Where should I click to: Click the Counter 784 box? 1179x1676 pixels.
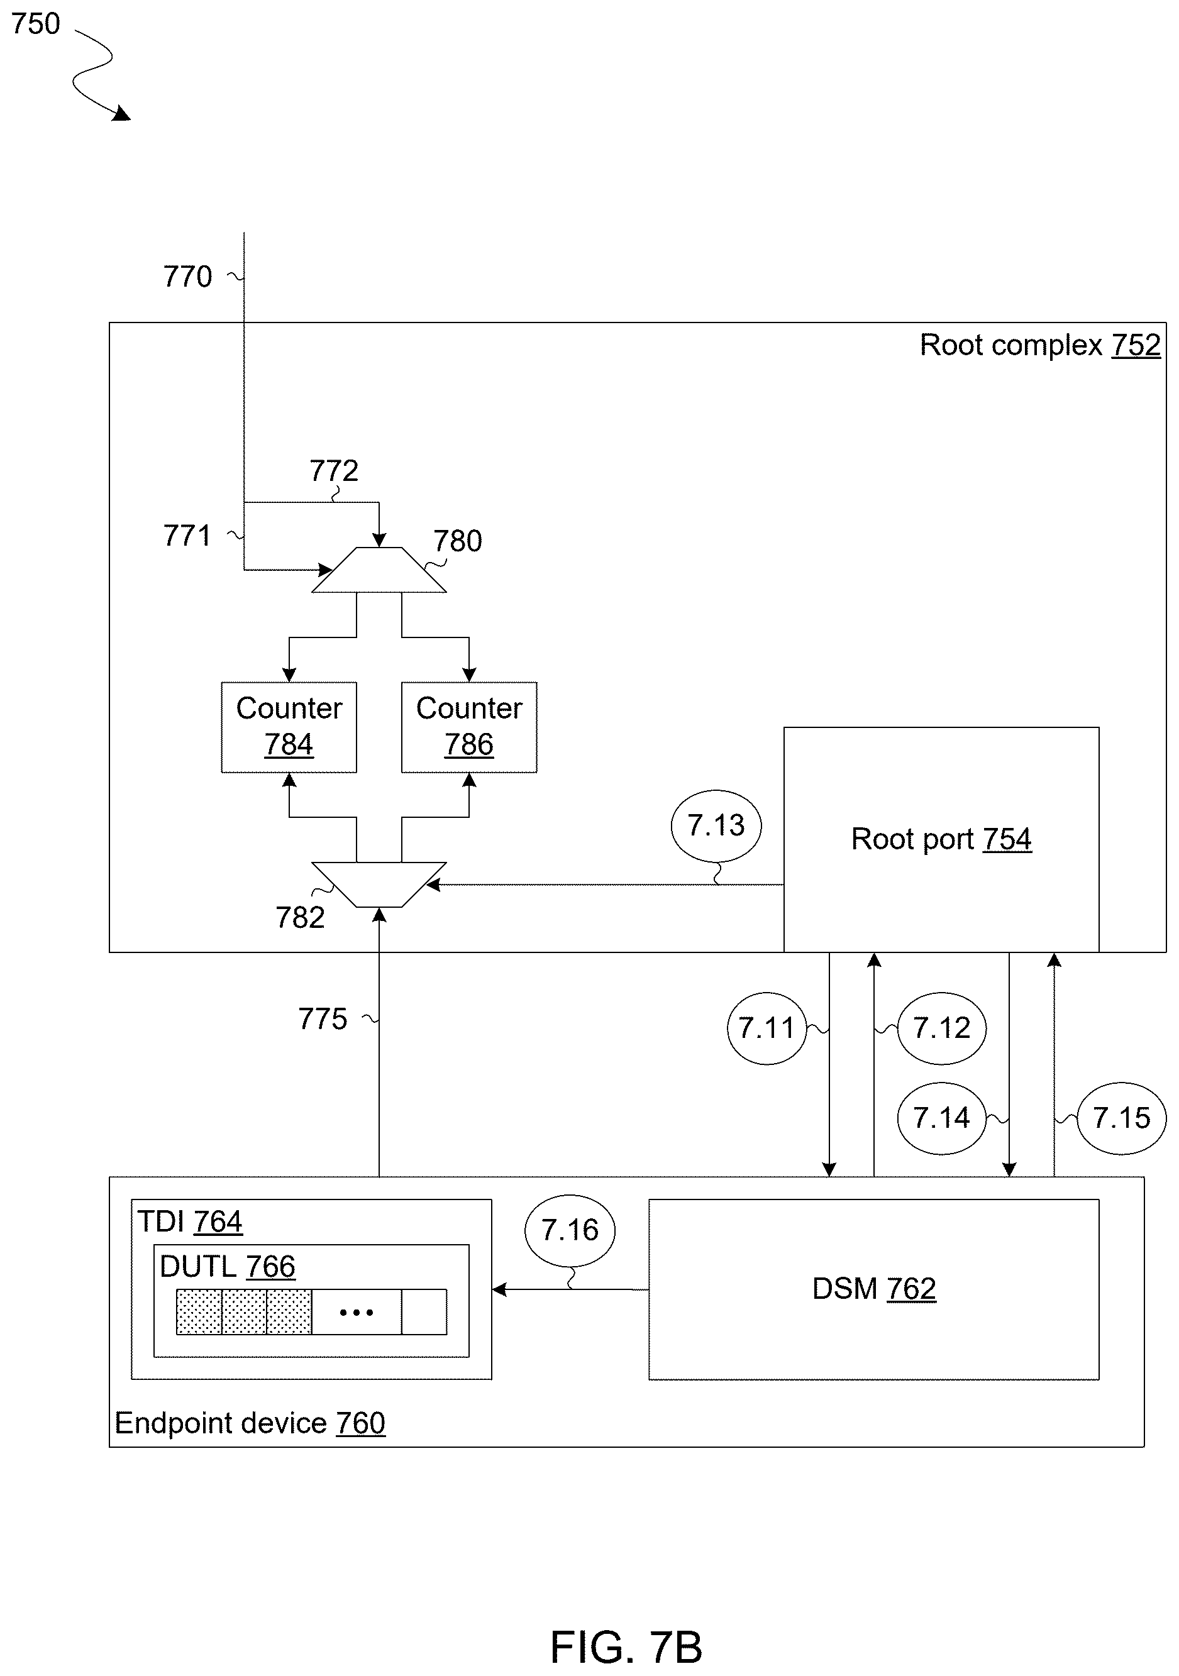click(289, 727)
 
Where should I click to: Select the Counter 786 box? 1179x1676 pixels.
click(470, 727)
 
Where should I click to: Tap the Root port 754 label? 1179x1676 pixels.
click(941, 839)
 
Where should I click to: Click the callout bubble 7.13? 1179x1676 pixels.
click(716, 826)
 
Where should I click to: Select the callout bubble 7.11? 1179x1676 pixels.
click(767, 1028)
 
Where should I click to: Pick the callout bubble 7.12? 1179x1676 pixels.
click(942, 1028)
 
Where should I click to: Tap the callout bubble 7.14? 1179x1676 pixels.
click(942, 1118)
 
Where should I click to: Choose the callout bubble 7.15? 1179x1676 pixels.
click(1121, 1118)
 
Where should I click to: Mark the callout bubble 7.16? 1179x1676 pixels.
click(570, 1231)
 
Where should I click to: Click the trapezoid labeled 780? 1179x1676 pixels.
click(379, 570)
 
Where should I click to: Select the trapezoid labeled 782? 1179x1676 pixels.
click(379, 885)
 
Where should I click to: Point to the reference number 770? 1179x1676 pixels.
click(187, 277)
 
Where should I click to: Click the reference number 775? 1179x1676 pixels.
click(323, 1019)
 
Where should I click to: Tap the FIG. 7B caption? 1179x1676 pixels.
click(626, 1647)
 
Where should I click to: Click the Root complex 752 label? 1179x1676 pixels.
click(1040, 345)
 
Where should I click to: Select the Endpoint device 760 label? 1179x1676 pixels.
click(250, 1423)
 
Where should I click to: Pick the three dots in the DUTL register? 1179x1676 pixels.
click(357, 1313)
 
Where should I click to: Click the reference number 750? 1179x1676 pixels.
click(36, 24)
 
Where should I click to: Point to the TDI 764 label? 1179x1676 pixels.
click(190, 1221)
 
